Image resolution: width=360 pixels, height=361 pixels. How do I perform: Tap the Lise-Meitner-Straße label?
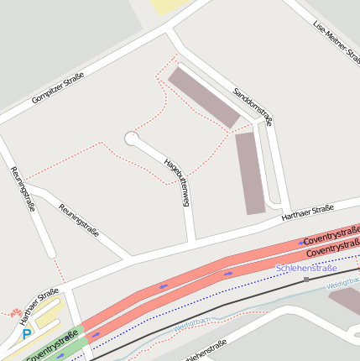[334, 42]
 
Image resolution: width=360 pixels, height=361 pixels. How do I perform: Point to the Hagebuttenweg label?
[178, 181]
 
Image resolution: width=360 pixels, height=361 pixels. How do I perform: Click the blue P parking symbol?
[27, 333]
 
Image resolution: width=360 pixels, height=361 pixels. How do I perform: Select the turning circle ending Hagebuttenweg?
[132, 138]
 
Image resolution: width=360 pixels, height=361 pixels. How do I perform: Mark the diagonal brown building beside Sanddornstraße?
[204, 97]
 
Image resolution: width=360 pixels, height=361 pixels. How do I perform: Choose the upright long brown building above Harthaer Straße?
[251, 172]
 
